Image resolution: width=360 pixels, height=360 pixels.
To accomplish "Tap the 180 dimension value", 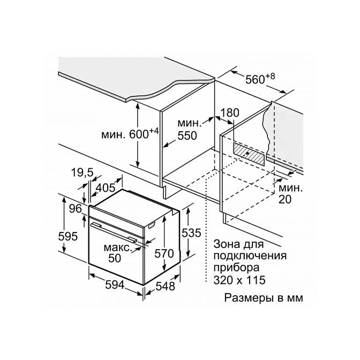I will coord(230,114).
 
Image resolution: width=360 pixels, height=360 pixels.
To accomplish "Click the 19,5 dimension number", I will coord(81,172).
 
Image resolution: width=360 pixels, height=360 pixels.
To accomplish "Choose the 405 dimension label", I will coord(106,187).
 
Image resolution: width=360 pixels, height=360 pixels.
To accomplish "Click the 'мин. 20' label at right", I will coord(288,194).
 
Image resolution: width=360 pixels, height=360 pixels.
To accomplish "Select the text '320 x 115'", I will coord(238,280).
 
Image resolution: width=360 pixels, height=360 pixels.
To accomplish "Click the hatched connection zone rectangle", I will coord(249,154).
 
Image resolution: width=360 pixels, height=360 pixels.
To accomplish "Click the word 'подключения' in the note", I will coord(250,256).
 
